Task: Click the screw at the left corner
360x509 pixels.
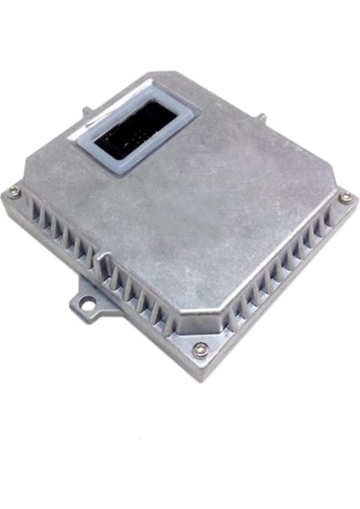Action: pyautogui.click(x=14, y=193)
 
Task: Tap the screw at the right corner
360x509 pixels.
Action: pyautogui.click(x=345, y=198)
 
